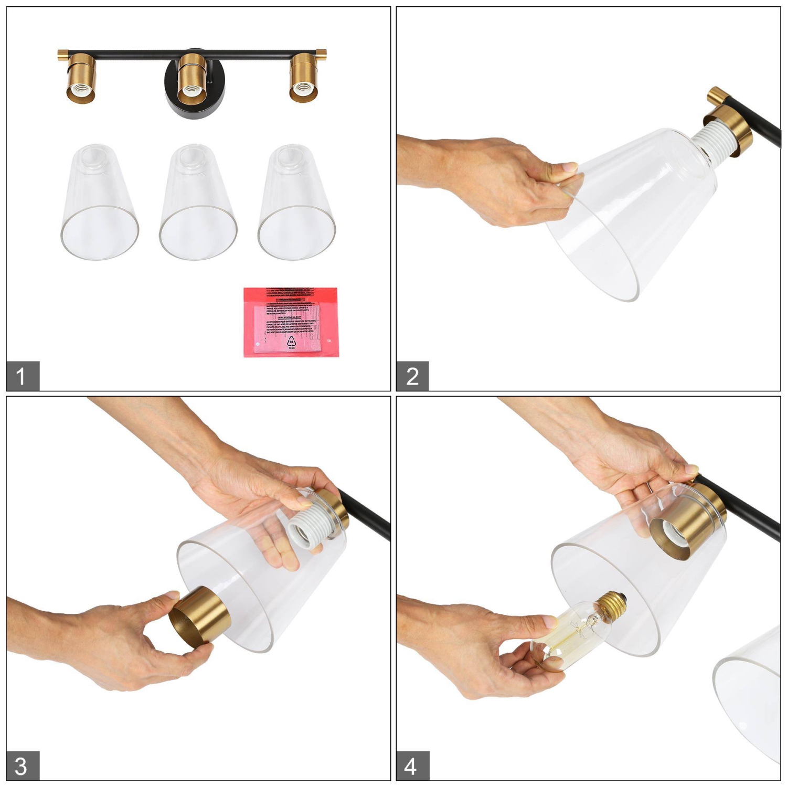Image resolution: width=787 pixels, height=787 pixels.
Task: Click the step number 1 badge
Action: point(23,376)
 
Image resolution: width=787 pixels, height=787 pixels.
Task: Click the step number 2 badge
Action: point(412,376)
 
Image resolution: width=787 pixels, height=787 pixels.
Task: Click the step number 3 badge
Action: point(23,766)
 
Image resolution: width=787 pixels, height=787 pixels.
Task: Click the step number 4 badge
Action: point(412,766)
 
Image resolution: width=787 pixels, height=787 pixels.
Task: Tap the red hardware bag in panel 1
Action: point(291,322)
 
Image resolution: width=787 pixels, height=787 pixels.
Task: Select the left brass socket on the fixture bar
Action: point(81,79)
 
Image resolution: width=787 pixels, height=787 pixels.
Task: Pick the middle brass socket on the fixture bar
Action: point(192,79)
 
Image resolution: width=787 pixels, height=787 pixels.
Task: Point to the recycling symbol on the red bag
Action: point(292,342)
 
